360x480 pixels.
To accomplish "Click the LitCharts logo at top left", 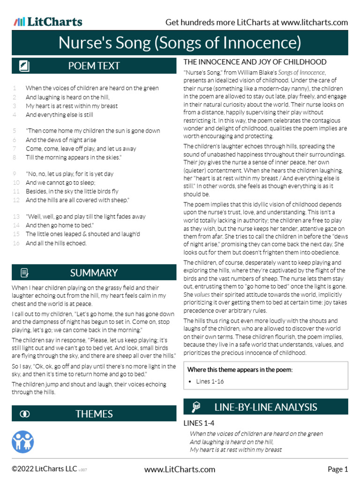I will [48, 22].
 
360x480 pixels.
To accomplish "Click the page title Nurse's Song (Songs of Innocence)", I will [180, 43].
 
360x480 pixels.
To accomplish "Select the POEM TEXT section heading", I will [94, 66].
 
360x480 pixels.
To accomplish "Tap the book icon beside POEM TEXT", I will [24, 66].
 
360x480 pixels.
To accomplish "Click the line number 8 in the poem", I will [15, 157].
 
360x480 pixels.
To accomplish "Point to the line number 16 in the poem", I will [16, 243].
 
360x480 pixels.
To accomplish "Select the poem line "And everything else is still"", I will [59, 114].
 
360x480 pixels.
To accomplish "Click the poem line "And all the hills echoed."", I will [56, 243].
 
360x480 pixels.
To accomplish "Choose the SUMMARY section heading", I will [94, 273].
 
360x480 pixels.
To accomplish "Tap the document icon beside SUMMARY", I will [24, 273].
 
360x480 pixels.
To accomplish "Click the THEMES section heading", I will [94, 414].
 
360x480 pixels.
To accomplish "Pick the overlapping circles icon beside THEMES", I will [25, 414].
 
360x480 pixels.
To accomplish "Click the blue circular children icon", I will [23, 441].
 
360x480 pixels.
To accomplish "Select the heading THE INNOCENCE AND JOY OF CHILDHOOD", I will [255, 62].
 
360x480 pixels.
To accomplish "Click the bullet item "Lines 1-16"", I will [210, 382].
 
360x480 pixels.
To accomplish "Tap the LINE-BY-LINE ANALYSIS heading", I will [265, 407].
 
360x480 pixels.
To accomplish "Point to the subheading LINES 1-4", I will [198, 423].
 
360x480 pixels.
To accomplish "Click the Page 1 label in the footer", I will [337, 469].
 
